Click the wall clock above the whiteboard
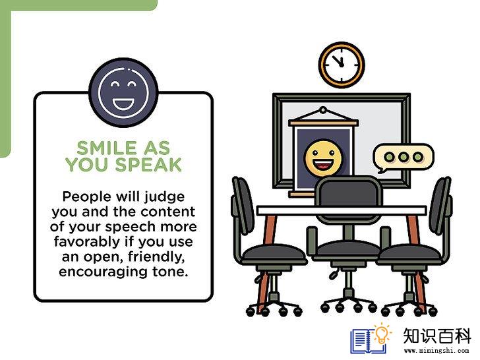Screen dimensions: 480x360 [342, 65]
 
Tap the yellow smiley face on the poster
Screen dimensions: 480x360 [323, 158]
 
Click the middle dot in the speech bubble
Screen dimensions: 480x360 [403, 157]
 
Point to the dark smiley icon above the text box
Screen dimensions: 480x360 [123, 92]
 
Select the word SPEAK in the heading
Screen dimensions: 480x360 [148, 164]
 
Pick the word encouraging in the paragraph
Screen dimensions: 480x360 [103, 272]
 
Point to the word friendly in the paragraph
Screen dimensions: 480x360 [156, 257]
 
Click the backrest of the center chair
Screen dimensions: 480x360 [348, 198]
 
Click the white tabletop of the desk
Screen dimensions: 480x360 [342, 210]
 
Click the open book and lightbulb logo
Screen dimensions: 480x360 [371, 338]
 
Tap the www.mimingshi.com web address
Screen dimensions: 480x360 [436, 350]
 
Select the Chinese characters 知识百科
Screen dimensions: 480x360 [437, 336]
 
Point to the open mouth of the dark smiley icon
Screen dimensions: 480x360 [123, 104]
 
